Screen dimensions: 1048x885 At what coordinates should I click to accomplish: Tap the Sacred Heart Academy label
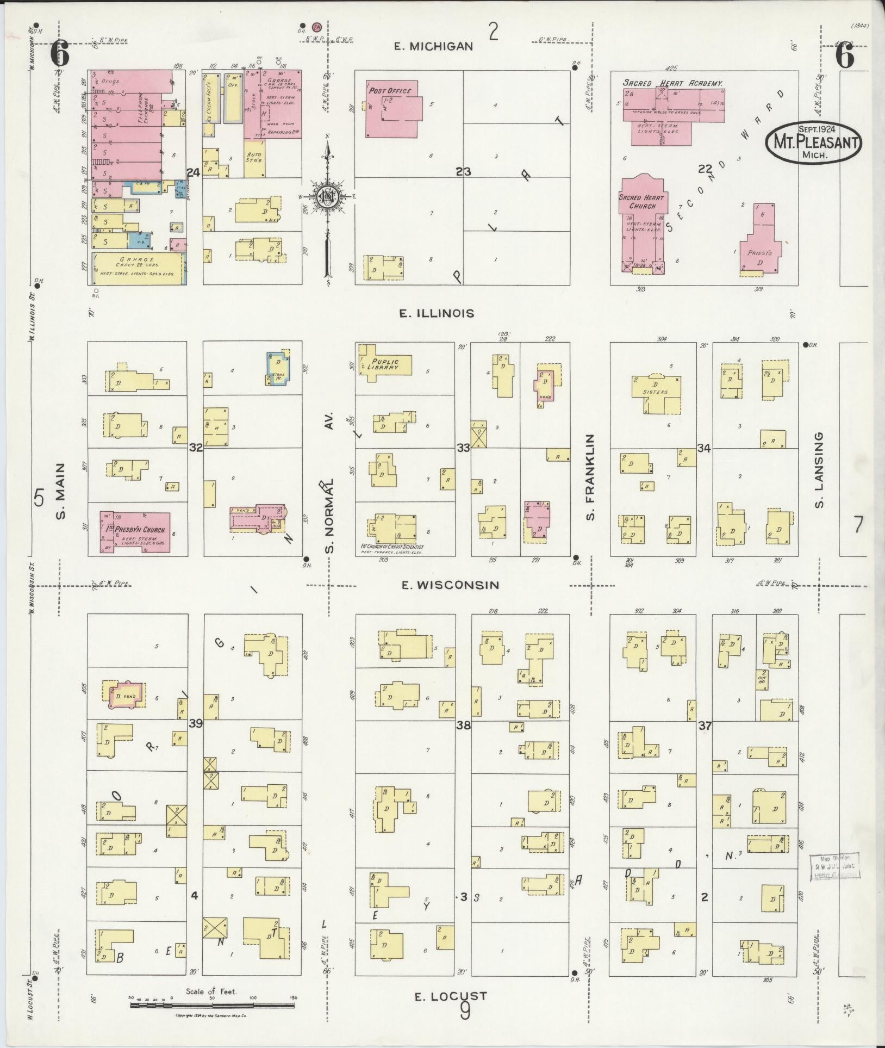click(x=672, y=83)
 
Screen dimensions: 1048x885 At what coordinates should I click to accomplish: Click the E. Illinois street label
click(x=437, y=313)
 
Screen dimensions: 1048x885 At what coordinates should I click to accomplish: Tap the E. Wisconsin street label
click(x=450, y=585)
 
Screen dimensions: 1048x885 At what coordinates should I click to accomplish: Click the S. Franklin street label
click(x=591, y=476)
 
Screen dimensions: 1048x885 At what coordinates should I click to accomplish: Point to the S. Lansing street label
click(x=819, y=470)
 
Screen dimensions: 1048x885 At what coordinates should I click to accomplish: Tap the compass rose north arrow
click(x=328, y=196)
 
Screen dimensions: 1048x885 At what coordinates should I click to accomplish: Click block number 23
click(x=463, y=172)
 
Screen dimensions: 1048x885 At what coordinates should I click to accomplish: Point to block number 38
click(x=463, y=725)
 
